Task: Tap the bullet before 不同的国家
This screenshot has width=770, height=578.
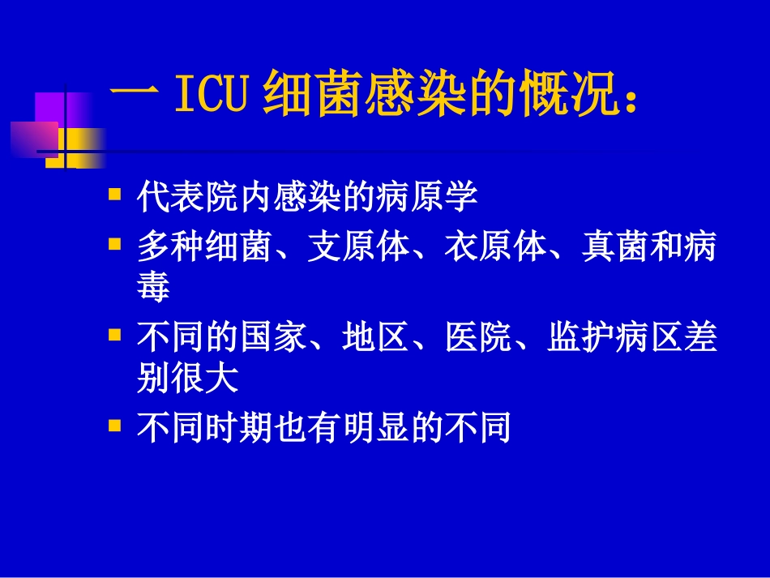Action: point(114,334)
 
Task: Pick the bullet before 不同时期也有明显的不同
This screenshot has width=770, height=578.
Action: point(114,424)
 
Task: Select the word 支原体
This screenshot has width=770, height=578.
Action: point(358,247)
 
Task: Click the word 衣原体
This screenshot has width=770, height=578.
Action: point(495,247)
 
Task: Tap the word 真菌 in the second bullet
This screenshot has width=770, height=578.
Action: point(614,247)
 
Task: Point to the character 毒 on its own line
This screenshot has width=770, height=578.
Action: point(153,287)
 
